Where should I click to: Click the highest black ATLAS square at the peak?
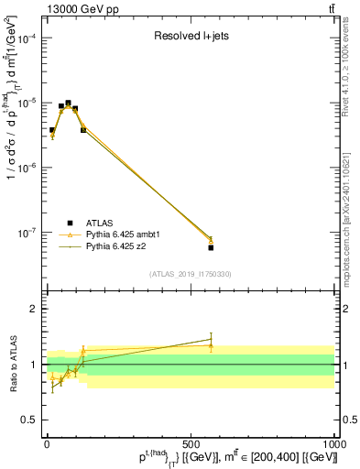[68, 104]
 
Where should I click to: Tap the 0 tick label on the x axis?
[47, 444]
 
